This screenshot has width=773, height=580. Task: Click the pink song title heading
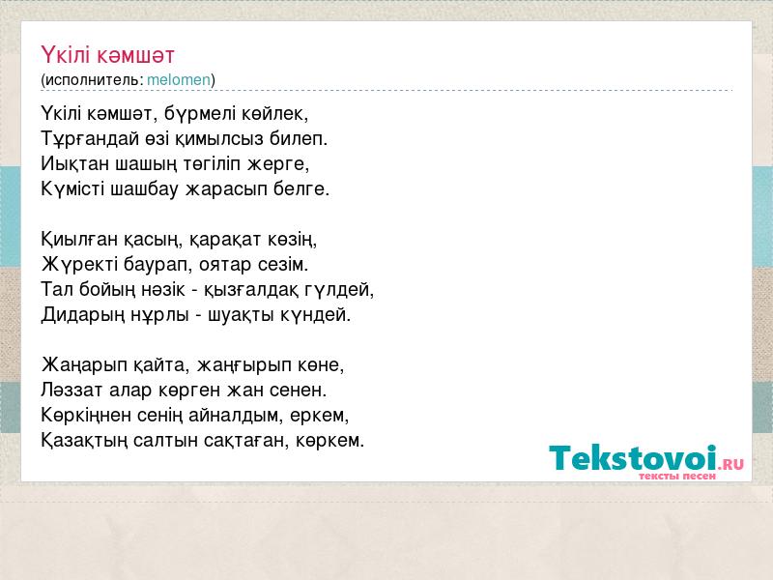click(107, 55)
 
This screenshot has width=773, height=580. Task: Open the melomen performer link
click(179, 80)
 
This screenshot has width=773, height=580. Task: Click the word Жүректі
click(79, 265)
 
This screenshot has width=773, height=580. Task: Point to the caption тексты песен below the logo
click(677, 477)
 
